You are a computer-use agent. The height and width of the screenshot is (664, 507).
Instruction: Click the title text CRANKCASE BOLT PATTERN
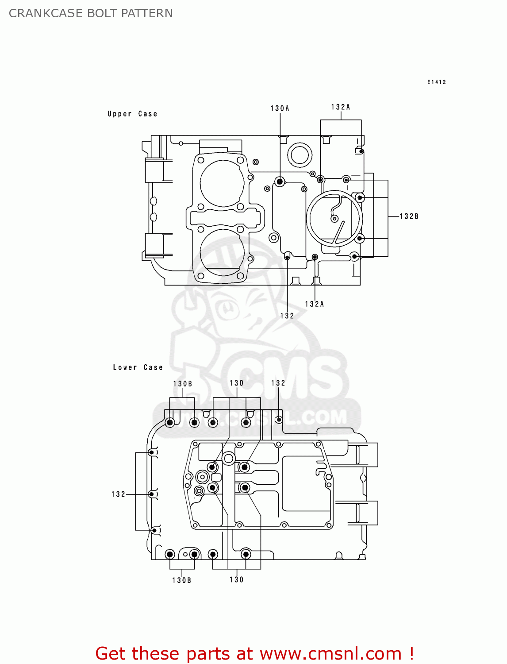click(x=91, y=13)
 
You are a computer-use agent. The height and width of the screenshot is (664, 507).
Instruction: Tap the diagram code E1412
click(x=436, y=82)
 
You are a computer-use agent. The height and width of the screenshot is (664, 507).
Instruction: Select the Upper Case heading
click(x=132, y=114)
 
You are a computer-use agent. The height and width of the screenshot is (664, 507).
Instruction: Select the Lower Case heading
click(x=138, y=367)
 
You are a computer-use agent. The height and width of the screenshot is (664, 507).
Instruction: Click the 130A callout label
click(x=280, y=108)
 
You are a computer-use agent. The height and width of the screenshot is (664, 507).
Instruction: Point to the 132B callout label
click(x=409, y=216)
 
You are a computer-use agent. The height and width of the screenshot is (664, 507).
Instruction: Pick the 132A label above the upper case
click(x=340, y=107)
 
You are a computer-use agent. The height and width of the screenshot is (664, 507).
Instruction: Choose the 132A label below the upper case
click(x=314, y=304)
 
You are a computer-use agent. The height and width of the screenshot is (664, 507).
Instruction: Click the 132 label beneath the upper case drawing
click(x=287, y=316)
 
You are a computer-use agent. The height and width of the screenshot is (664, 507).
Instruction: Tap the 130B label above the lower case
click(x=182, y=384)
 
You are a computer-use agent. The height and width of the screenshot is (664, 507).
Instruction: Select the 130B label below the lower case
click(x=181, y=580)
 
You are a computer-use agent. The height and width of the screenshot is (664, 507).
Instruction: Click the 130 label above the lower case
click(x=236, y=383)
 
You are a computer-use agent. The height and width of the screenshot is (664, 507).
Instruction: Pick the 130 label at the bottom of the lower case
click(x=236, y=579)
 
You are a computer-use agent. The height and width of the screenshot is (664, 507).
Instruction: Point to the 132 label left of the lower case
click(x=118, y=494)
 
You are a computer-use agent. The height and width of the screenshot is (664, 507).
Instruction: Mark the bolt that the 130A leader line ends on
click(x=280, y=181)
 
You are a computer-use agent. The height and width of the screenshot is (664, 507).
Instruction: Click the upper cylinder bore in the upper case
click(x=222, y=183)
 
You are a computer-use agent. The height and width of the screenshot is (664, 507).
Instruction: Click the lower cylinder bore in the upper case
click(x=222, y=252)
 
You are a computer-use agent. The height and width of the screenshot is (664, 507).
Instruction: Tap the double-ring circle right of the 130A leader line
click(x=300, y=155)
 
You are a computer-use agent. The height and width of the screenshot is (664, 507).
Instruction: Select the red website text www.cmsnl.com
click(x=330, y=654)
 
